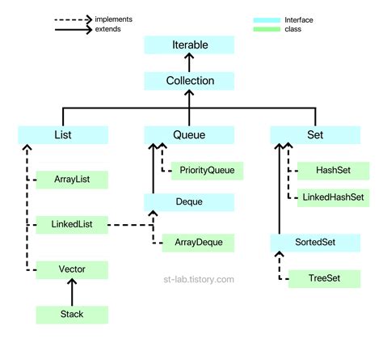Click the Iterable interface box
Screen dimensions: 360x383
[x=190, y=44]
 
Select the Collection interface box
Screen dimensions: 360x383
[x=190, y=80]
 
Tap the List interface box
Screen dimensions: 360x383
[x=53, y=135]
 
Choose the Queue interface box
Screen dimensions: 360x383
[x=190, y=135]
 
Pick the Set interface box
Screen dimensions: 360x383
[x=316, y=135]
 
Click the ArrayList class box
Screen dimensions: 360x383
[x=71, y=179]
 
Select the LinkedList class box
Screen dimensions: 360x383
[x=71, y=222]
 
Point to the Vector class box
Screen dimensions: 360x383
[x=71, y=268]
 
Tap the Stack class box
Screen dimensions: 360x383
[x=71, y=313]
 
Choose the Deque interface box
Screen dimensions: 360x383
[x=190, y=201]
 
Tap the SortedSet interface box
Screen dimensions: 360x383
[x=316, y=241]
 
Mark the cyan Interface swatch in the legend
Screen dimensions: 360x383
[x=267, y=18]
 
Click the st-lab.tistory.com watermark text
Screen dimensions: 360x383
[x=198, y=279]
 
